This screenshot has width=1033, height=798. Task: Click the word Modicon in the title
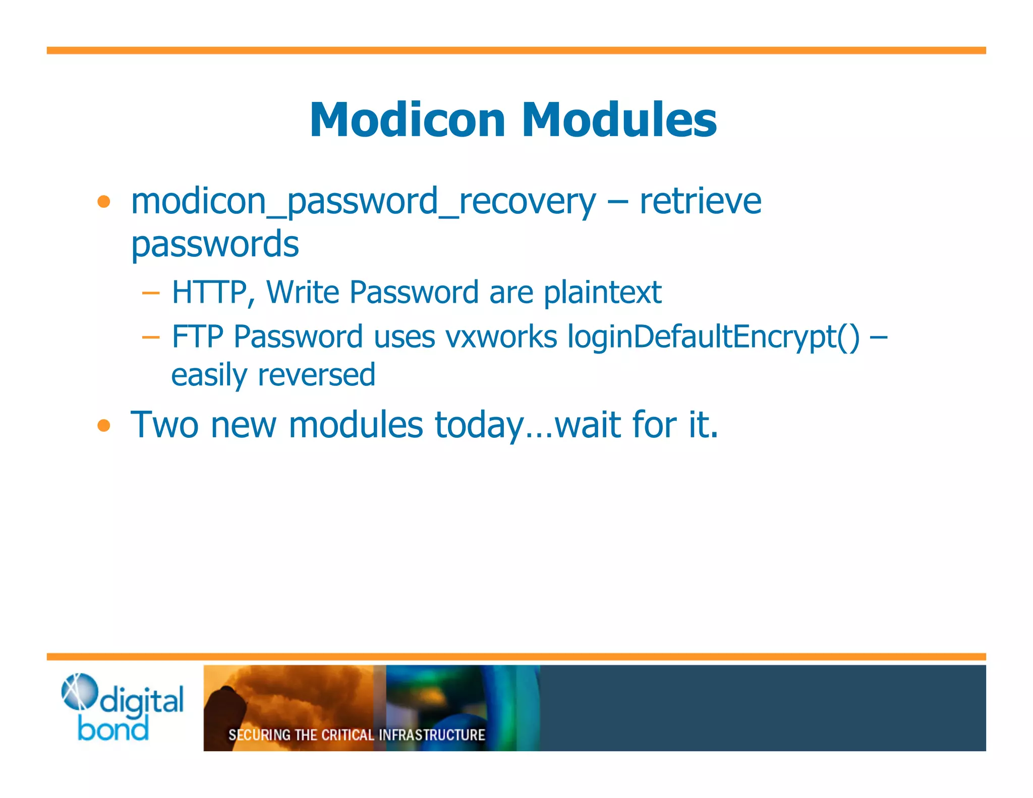(408, 120)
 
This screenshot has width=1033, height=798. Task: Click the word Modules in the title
(619, 120)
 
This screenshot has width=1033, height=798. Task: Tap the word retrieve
(700, 201)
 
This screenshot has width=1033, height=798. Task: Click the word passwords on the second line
(215, 244)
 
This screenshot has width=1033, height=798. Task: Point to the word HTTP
(209, 292)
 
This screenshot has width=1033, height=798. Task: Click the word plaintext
(602, 292)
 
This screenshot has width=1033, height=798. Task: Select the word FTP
(197, 336)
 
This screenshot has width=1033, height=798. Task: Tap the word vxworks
(501, 336)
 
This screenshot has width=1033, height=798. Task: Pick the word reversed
(316, 375)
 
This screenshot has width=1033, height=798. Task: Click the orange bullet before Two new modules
(104, 425)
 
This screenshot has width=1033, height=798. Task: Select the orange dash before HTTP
(150, 293)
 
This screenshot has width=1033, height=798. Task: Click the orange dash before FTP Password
(150, 337)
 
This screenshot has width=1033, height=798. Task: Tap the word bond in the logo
(113, 729)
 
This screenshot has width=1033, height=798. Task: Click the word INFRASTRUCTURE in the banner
(432, 735)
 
